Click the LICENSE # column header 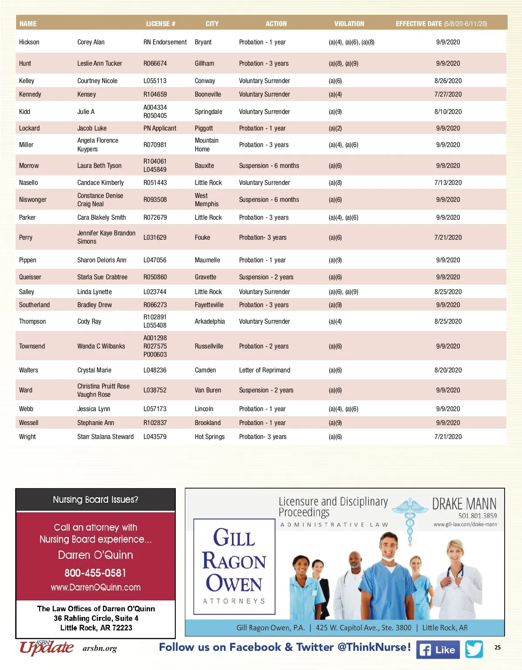pyautogui.click(x=161, y=24)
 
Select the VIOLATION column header pyautogui.click(x=349, y=24)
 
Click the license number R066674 pyautogui.click(x=155, y=64)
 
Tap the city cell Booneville pyautogui.click(x=207, y=94)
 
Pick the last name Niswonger pyautogui.click(x=33, y=200)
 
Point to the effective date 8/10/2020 pyautogui.click(x=448, y=112)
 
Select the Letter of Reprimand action pyautogui.click(x=264, y=370)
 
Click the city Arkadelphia pyautogui.click(x=210, y=322)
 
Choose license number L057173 pyautogui.click(x=155, y=409)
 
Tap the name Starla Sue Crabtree pyautogui.click(x=102, y=277)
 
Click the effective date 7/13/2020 pyautogui.click(x=448, y=183)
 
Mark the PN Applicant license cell pyautogui.click(x=160, y=128)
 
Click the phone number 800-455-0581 pyautogui.click(x=95, y=573)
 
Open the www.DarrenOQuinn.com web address pyautogui.click(x=95, y=587)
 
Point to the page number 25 pyautogui.click(x=497, y=647)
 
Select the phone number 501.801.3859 pyautogui.click(x=477, y=516)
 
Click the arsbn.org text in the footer pyautogui.click(x=100, y=649)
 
